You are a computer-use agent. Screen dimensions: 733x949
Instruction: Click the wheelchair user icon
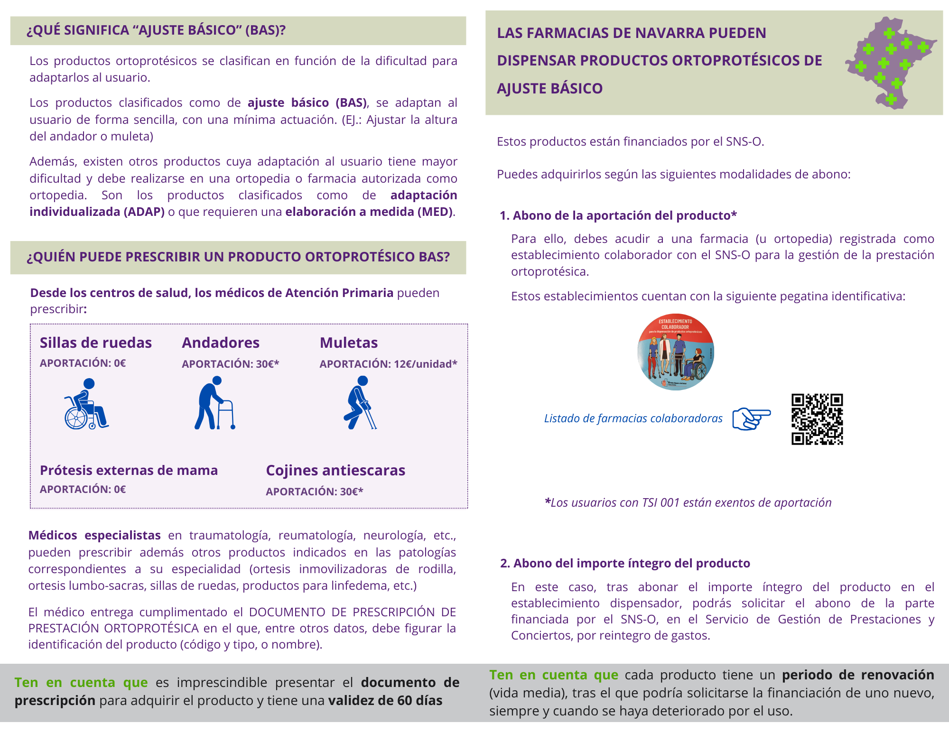86,404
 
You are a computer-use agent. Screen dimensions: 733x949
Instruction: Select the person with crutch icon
360,403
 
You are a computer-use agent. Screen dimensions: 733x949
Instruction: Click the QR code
817,419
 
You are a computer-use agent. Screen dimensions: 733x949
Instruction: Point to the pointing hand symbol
751,418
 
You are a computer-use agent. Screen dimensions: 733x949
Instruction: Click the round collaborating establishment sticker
676,352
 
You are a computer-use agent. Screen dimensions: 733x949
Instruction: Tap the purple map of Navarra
889,62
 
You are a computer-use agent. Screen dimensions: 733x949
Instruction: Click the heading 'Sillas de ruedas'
96,343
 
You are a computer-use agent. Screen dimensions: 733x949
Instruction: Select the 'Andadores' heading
221,343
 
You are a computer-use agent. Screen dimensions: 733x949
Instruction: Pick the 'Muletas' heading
349,343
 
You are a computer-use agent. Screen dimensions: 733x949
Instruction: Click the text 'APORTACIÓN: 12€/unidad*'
388,364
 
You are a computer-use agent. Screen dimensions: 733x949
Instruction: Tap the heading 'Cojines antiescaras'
335,470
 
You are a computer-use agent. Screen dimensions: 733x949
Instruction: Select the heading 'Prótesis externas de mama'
129,470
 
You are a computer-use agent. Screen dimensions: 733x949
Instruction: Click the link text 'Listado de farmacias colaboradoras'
633,418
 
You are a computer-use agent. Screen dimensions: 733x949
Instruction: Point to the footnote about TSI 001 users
688,502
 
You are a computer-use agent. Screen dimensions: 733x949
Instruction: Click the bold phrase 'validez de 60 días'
385,700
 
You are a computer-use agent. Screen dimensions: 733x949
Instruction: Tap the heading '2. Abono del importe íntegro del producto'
625,563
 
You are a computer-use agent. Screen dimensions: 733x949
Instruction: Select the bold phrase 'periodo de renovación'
858,675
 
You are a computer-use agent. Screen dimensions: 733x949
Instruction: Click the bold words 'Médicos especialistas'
94,535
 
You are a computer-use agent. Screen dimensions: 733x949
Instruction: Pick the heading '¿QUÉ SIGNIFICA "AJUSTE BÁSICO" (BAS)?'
156,30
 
